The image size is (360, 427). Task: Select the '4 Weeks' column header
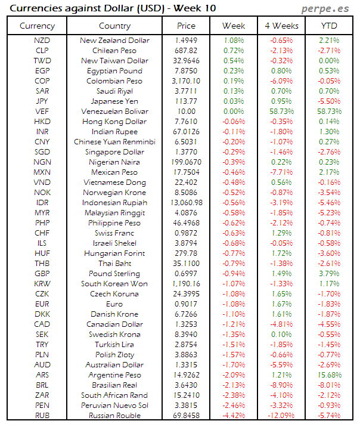pyautogui.click(x=281, y=26)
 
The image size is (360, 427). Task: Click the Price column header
pyautogui.click(x=186, y=26)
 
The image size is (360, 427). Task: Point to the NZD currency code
pyautogui.click(x=42, y=41)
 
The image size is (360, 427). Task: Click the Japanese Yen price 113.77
pyautogui.click(x=186, y=101)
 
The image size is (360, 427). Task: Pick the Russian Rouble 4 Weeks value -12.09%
pyautogui.click(x=281, y=416)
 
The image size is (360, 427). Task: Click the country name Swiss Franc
pyautogui.click(x=114, y=233)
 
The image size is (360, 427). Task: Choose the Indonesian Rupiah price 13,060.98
pyautogui.click(x=186, y=203)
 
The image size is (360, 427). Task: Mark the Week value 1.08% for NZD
pyautogui.click(x=233, y=41)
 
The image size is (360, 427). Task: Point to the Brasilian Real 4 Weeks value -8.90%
pyautogui.click(x=281, y=385)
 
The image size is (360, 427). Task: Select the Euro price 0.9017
pyautogui.click(x=186, y=304)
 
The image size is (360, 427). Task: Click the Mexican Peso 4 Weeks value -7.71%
pyautogui.click(x=281, y=172)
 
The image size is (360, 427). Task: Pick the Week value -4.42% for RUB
pyautogui.click(x=233, y=416)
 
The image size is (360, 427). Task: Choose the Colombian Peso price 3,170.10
pyautogui.click(x=186, y=81)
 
